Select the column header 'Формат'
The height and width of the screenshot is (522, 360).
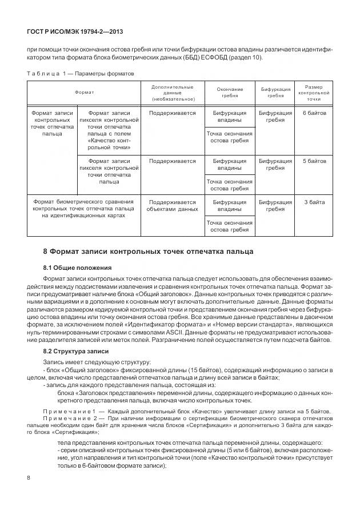click(x=84, y=92)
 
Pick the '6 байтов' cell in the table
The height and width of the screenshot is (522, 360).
click(x=314, y=113)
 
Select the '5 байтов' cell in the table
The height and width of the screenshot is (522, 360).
click(x=314, y=161)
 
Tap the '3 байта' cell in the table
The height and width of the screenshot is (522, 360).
click(x=314, y=202)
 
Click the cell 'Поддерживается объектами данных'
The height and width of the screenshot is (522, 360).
click(x=172, y=206)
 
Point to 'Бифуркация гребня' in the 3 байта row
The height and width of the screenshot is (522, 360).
click(x=275, y=206)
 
